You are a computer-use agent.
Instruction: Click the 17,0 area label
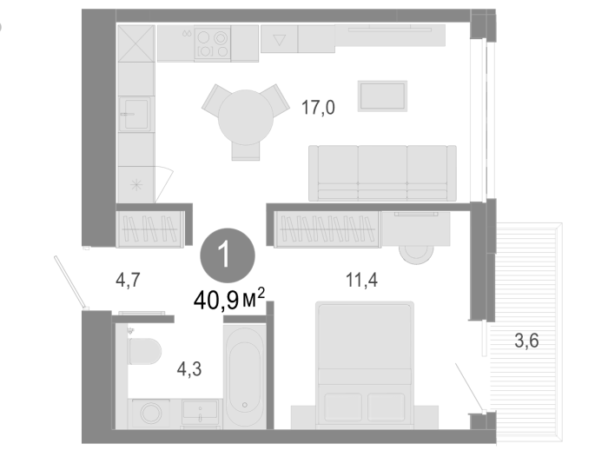[x=318, y=108]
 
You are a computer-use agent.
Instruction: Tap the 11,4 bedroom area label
[x=361, y=281]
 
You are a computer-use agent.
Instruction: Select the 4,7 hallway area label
[x=128, y=281]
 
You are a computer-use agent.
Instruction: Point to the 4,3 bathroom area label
[x=189, y=369]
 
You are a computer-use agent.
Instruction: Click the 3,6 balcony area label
[x=526, y=341]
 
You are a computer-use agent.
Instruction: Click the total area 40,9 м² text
[x=228, y=300]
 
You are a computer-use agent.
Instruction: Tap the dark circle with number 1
[x=228, y=255]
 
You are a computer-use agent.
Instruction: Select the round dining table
[x=246, y=117]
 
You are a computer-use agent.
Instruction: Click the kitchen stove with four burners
[x=212, y=43]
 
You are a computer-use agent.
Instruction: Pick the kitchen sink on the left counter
[x=136, y=114]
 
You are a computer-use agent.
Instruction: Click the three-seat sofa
[x=382, y=173]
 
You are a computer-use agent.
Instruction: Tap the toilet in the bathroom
[x=145, y=351]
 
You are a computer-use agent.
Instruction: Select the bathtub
[x=244, y=377]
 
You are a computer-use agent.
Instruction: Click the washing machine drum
[x=151, y=413]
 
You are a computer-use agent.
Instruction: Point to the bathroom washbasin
[x=200, y=412]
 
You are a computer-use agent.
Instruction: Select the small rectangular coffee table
[x=382, y=96]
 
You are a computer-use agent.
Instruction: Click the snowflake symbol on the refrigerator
[x=136, y=185]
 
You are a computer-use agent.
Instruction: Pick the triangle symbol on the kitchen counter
[x=280, y=40]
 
